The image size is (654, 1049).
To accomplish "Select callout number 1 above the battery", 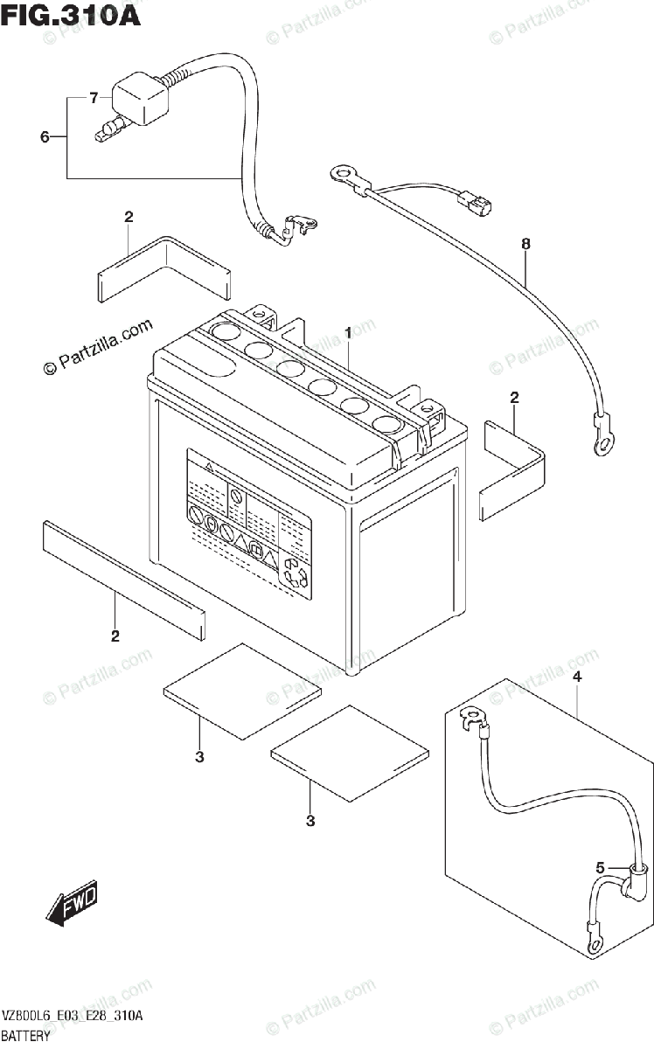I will (347, 333).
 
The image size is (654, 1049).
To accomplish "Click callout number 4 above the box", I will (576, 677).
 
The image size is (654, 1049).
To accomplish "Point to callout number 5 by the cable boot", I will (601, 868).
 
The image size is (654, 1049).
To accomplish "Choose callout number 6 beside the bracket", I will (45, 137).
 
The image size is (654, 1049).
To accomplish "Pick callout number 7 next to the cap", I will (94, 98).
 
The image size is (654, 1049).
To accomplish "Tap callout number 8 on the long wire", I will (525, 245).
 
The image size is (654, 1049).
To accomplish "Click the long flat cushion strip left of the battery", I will (122, 577).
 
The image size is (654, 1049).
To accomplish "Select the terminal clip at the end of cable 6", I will (300, 227).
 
